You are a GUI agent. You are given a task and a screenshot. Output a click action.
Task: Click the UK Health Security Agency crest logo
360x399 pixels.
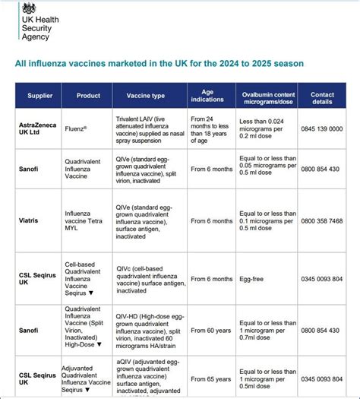click(28, 8)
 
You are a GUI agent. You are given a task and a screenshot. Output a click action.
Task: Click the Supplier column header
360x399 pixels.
click(39, 97)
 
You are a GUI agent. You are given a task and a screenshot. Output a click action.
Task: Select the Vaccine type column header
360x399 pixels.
click(148, 97)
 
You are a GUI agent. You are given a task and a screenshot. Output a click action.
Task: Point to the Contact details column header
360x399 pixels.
click(321, 97)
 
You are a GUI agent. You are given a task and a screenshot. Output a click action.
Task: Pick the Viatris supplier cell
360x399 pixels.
click(30, 220)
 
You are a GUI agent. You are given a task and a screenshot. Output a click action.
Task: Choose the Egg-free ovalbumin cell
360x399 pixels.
click(254, 279)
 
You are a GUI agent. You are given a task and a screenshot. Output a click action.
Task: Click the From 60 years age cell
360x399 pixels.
click(211, 330)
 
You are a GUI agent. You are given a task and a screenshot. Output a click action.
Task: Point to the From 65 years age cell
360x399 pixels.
click(211, 378)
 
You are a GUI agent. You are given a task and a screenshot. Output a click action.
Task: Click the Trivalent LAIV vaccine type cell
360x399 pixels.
click(148, 130)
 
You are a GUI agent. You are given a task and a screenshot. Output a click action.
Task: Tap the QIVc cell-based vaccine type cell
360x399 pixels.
click(148, 279)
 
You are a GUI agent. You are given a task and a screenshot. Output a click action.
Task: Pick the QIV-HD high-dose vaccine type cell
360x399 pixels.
click(148, 330)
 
